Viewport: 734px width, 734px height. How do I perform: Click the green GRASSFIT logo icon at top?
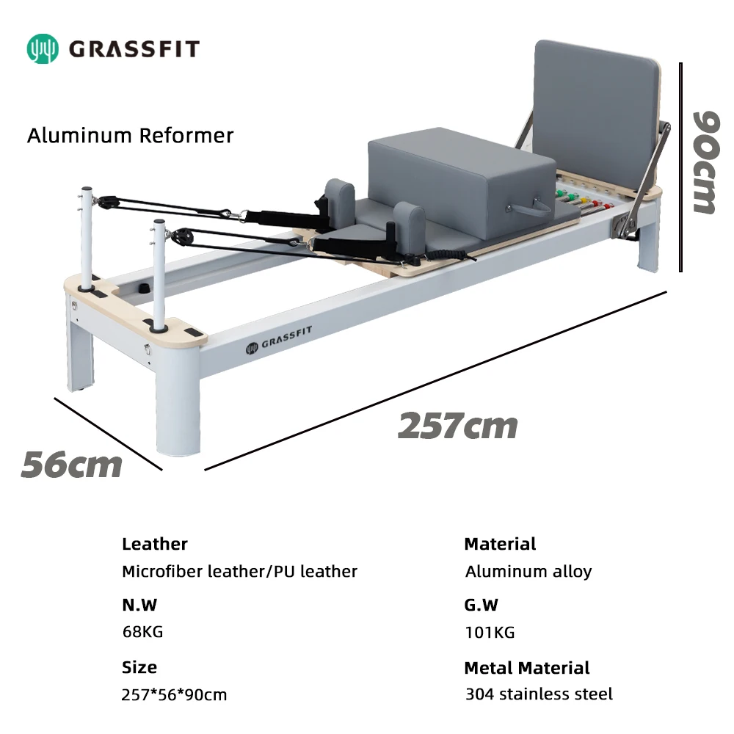pos(42,48)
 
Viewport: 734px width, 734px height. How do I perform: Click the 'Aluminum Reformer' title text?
pos(130,136)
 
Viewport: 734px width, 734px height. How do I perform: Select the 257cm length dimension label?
pos(457,426)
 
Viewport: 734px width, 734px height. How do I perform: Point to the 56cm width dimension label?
pos(71,465)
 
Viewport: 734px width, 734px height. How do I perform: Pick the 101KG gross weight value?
pos(490,632)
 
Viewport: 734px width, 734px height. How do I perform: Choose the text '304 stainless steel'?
pos(538,694)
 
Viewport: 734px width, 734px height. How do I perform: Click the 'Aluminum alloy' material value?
pos(528,571)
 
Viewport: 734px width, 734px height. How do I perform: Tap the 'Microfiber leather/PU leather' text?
pos(239,571)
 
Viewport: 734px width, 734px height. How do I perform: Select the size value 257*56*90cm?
pos(174,694)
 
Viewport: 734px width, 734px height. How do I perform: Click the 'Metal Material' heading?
pos(526,668)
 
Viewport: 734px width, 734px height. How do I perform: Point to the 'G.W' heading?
pos(481,606)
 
